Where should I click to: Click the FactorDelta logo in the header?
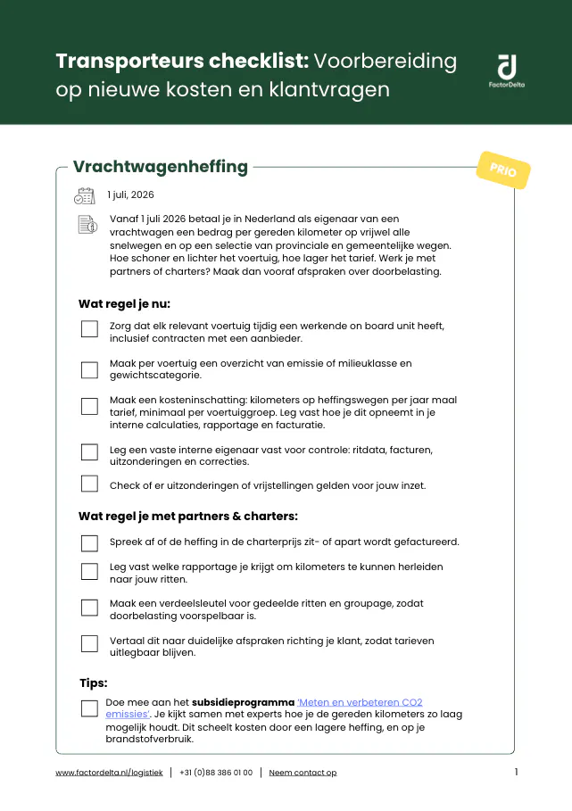[506, 70]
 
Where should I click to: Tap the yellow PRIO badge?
[503, 170]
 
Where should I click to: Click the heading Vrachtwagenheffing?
[161, 167]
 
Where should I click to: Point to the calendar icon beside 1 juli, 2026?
[85, 196]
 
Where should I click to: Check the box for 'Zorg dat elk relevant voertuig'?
[89, 329]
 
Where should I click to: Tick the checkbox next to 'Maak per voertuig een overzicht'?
[89, 369]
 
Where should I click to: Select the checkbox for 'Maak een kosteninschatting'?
[89, 407]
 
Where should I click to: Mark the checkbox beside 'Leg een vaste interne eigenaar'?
[89, 452]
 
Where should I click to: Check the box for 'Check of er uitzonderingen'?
[89, 484]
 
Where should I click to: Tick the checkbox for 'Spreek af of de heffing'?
[89, 543]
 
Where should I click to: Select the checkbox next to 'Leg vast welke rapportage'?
[89, 571]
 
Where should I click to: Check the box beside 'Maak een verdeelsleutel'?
[89, 608]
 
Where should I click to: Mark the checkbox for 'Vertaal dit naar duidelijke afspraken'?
[89, 644]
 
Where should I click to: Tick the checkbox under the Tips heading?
[89, 708]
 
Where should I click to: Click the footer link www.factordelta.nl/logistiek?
[109, 773]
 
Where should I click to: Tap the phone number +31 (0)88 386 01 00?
[216, 773]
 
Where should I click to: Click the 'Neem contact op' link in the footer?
[303, 773]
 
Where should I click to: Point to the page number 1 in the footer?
[516, 772]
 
